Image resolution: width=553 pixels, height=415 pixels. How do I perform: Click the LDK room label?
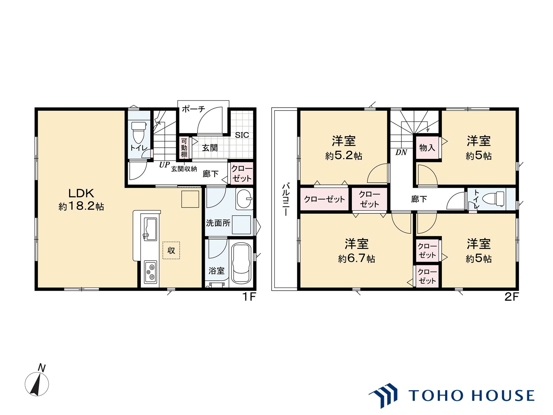[81, 193]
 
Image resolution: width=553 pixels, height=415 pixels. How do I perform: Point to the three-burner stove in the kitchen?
[150, 271]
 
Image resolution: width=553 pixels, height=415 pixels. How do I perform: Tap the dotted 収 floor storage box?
[171, 250]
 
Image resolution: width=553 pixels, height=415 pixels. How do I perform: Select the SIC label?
[242, 135]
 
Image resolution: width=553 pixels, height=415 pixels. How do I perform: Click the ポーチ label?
[193, 109]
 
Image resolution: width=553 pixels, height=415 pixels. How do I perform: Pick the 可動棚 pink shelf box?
[184, 147]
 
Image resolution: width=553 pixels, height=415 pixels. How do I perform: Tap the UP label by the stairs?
[164, 165]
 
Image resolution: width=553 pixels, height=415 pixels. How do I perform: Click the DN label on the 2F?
[401, 152]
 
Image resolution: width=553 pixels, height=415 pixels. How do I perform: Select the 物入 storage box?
[427, 147]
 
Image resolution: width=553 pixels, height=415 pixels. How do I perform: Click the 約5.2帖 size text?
[343, 156]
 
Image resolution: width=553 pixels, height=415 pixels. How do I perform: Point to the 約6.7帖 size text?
[357, 258]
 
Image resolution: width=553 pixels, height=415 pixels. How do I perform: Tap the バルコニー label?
[286, 199]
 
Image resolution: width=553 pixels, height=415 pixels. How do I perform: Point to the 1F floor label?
[249, 297]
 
